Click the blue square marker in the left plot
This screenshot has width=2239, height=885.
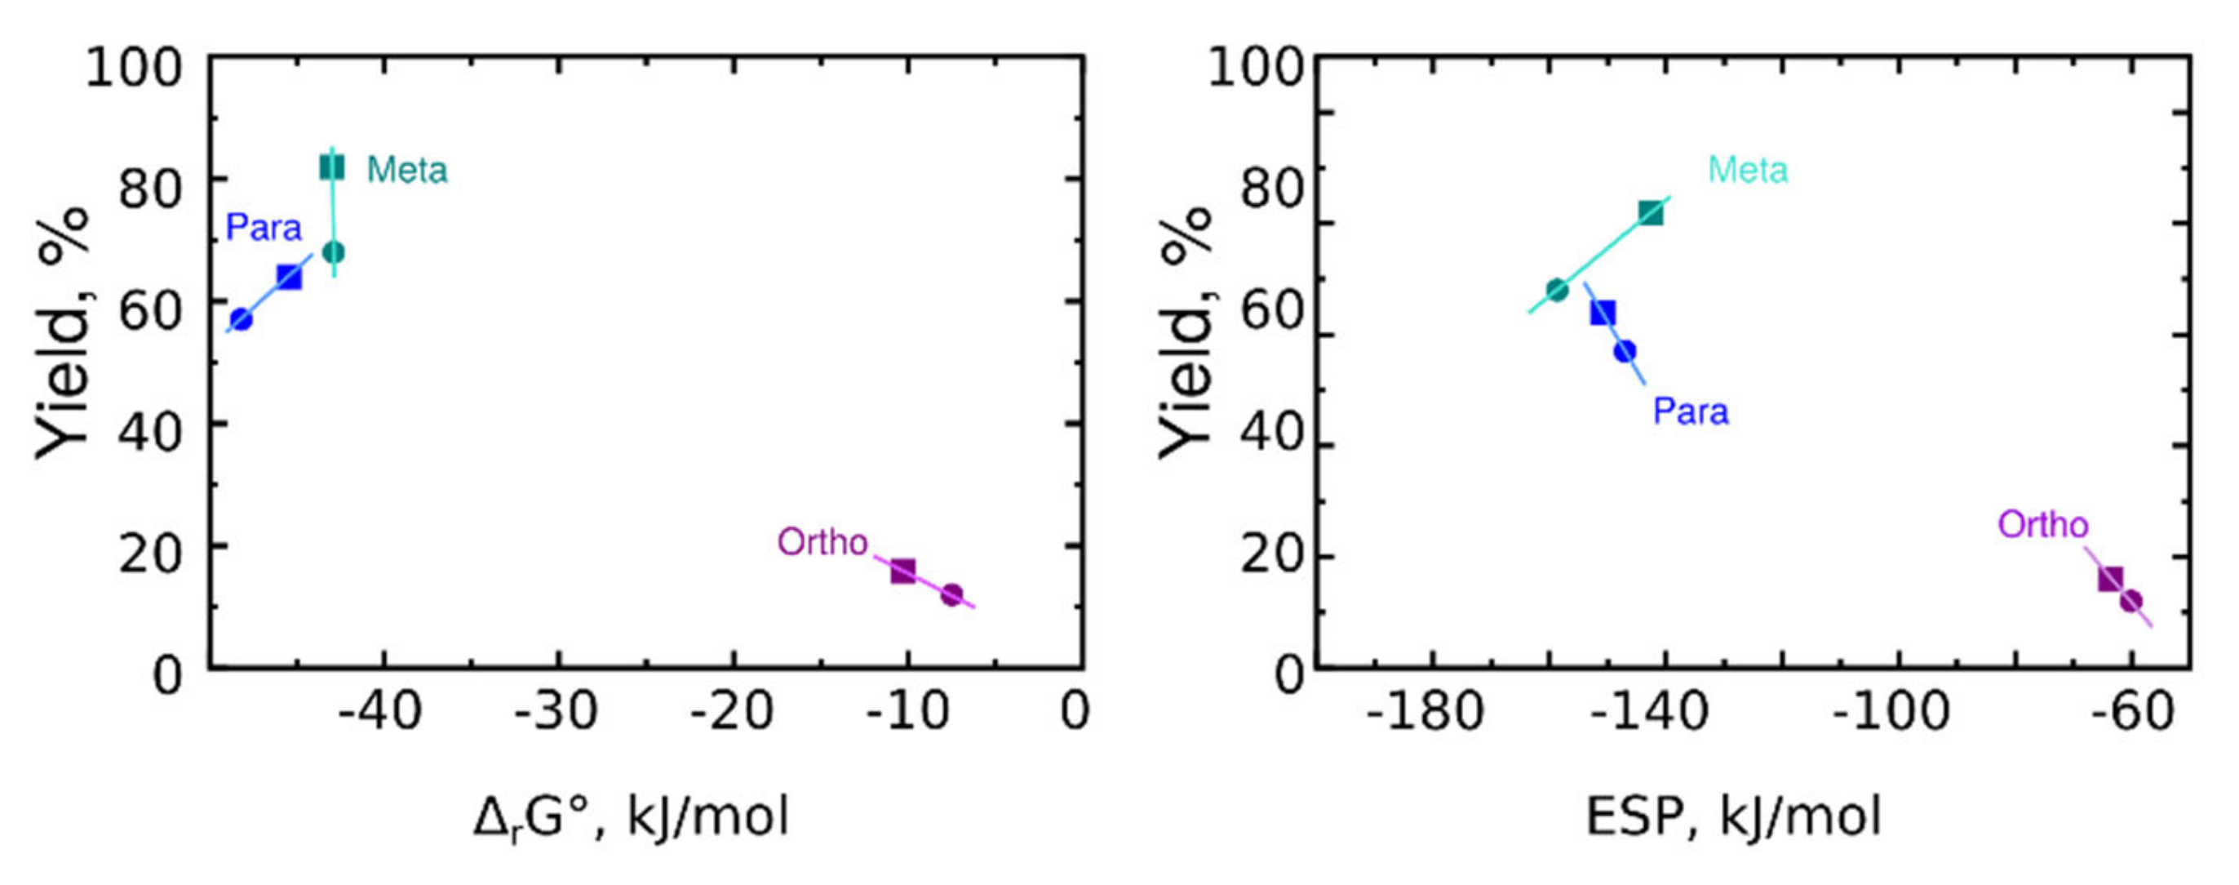[290, 278]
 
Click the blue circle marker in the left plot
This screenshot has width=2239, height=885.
[242, 319]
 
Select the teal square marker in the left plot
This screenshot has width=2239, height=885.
[332, 167]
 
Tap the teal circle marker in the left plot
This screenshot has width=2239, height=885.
[334, 252]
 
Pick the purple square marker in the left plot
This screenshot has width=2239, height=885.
[903, 571]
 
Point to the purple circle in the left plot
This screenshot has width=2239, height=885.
[951, 594]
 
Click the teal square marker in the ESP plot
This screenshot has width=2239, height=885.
[1651, 213]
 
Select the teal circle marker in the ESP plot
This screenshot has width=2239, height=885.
[1558, 290]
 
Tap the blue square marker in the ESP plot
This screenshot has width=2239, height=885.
[1603, 313]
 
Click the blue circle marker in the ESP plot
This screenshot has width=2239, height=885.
[1625, 351]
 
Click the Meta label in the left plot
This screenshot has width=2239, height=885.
[407, 170]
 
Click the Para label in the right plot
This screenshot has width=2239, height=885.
[1691, 411]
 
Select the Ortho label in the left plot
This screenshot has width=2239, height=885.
[822, 542]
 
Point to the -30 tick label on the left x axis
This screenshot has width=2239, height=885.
[556, 712]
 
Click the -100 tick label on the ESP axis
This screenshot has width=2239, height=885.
[1891, 712]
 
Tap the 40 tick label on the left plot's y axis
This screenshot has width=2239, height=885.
[149, 431]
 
